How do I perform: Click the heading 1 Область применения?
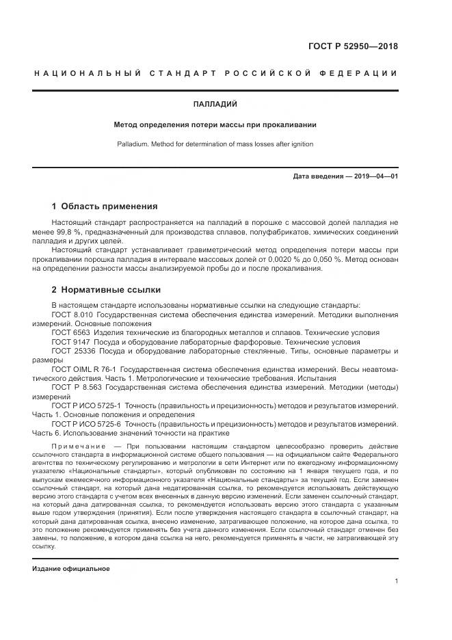pyautogui.click(x=105, y=206)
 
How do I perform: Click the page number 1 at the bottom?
pyautogui.click(x=397, y=581)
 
